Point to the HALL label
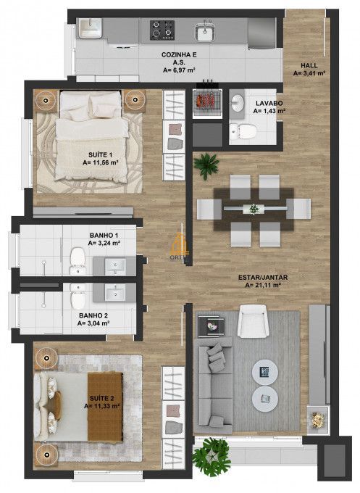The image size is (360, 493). coord(309,64)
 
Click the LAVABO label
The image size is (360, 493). coord(269,103)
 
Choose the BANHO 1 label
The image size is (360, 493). coord(104,236)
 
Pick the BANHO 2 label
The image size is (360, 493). coord(93,316)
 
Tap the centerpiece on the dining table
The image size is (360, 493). coord(254,209)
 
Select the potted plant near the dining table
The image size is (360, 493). coord(208,165)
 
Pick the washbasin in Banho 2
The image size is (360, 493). coord(115,293)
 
